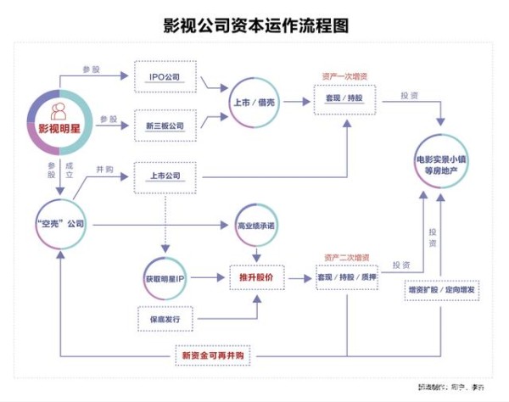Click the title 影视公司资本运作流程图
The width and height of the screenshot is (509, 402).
(x=255, y=25)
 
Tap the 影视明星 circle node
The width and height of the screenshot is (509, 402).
(x=60, y=120)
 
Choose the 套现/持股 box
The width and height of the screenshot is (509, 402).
(x=345, y=101)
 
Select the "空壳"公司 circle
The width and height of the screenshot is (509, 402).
(x=61, y=224)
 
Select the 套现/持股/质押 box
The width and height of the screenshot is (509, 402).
(x=345, y=277)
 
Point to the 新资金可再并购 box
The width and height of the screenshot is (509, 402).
(x=212, y=355)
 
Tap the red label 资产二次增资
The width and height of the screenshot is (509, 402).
(x=345, y=256)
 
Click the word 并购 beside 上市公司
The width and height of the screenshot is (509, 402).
(x=105, y=170)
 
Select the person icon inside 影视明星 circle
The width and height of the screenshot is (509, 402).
(x=60, y=109)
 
